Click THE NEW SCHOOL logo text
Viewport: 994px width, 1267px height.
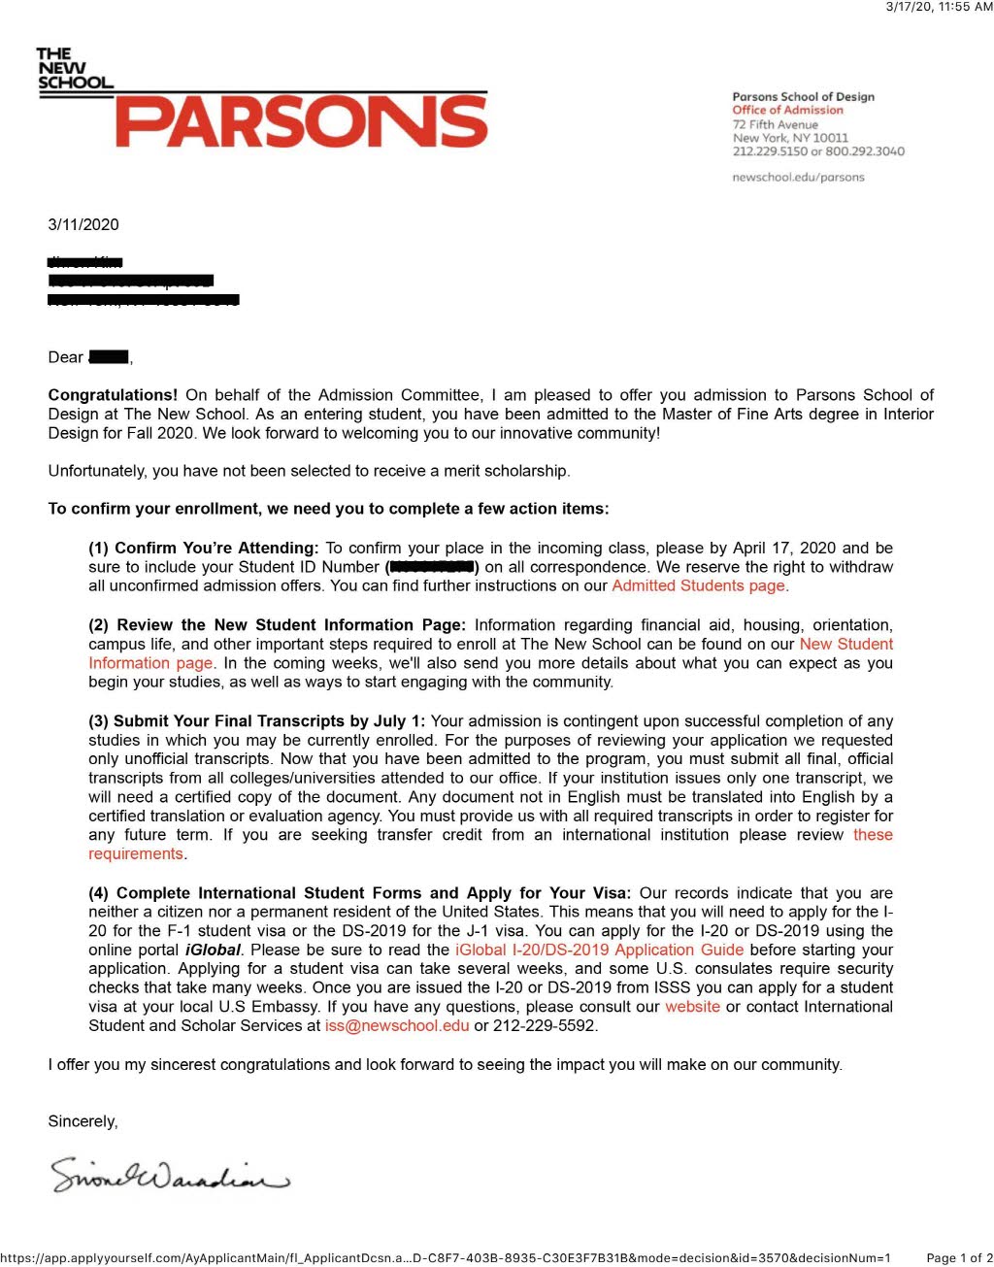(74, 68)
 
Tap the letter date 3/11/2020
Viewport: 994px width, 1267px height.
(83, 224)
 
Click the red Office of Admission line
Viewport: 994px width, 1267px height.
(787, 111)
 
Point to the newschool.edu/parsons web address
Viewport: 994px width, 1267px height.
(798, 178)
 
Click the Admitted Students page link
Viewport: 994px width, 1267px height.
(698, 585)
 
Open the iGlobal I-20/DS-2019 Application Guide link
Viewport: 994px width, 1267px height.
(599, 950)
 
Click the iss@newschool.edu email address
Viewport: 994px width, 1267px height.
(396, 1025)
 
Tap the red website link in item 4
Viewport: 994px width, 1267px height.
(692, 1007)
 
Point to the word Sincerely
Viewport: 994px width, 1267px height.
(83, 1121)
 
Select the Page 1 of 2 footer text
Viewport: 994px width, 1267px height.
(959, 1258)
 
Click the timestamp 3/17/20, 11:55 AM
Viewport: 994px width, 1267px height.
(939, 7)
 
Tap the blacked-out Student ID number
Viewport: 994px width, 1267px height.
(431, 567)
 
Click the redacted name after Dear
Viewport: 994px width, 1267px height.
(109, 357)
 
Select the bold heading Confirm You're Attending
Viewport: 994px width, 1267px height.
(215, 548)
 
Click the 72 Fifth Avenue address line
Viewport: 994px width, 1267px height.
(775, 124)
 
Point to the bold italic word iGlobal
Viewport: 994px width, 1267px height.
(214, 950)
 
